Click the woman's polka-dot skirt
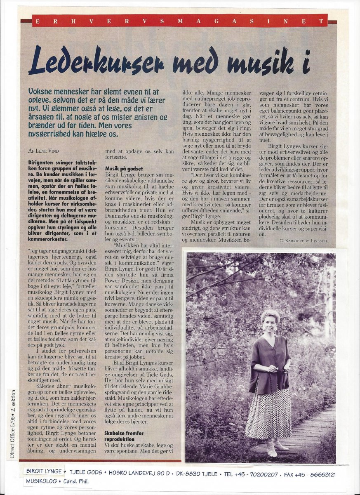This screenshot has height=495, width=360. coord(268,412)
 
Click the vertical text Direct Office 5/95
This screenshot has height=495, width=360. coord(14,425)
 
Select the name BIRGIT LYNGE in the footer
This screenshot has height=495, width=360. coord(44,471)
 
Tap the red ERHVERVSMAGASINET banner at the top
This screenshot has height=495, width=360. coord(179,21)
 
